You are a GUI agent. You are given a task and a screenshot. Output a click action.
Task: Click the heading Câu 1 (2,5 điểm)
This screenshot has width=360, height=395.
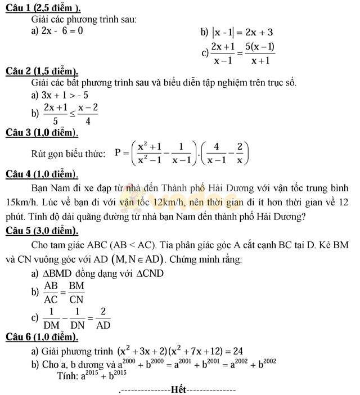pos(42,7)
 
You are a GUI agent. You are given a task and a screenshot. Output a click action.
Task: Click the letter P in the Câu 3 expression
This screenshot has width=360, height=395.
pos(118,152)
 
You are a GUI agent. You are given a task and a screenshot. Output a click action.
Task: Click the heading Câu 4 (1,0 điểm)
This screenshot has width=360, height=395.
pos(41,174)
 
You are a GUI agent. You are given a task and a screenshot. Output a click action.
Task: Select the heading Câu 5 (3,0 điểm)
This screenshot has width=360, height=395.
pos(41,231)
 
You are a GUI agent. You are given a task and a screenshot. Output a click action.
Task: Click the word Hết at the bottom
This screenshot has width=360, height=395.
pos(178,389)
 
